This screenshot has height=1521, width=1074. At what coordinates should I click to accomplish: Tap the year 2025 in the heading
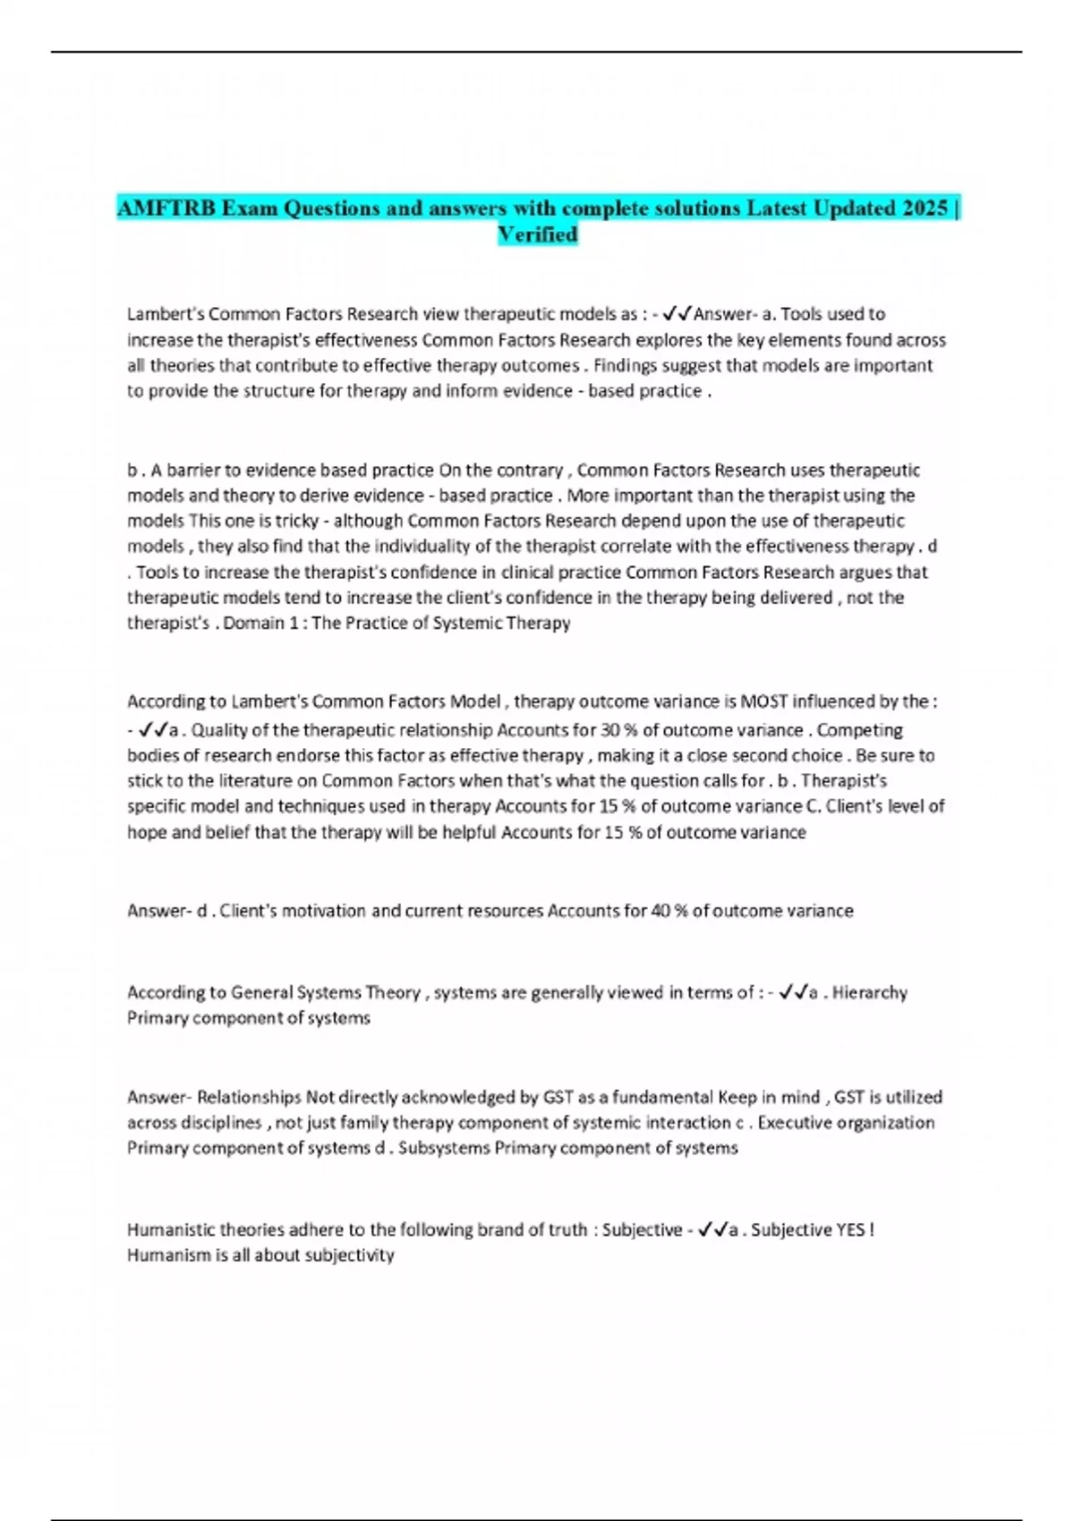point(925,208)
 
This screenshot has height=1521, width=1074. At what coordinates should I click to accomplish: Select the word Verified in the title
point(537,234)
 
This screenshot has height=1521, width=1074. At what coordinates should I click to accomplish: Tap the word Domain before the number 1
point(253,623)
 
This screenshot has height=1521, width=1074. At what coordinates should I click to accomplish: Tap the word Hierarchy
point(869,992)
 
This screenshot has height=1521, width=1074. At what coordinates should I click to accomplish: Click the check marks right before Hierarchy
point(793,992)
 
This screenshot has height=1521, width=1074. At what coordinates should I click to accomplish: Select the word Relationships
point(249,1097)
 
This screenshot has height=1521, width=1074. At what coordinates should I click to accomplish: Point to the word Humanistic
point(171,1229)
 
